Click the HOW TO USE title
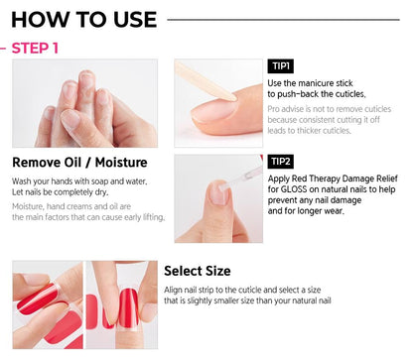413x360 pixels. pos(83,19)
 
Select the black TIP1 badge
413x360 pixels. pos(280,66)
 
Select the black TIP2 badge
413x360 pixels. pos(280,161)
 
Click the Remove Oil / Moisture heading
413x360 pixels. pos(79,163)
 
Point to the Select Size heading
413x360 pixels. pos(197,271)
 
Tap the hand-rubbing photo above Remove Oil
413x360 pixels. pos(84,103)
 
